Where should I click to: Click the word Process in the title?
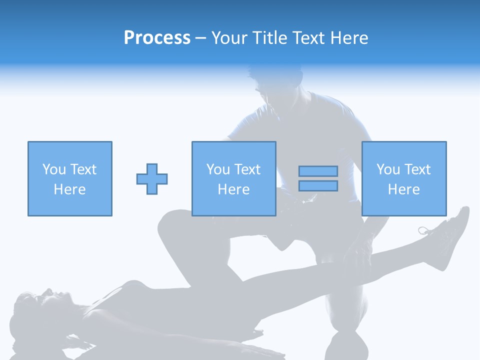tap(157, 38)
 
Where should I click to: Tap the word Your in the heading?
tap(230, 38)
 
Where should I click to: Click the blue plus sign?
tap(152, 178)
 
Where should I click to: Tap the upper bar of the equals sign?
tap(318, 171)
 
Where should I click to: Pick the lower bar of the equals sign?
tap(318, 186)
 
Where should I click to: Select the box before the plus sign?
tap(69, 178)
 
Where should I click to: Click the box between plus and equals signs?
tap(233, 178)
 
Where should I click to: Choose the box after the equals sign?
tap(403, 178)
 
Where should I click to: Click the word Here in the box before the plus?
tap(69, 189)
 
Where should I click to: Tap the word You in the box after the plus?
tap(218, 169)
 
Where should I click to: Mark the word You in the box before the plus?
tap(54, 169)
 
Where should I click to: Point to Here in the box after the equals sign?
tap(403, 189)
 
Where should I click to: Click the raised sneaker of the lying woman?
tap(452, 232)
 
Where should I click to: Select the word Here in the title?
tap(348, 38)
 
